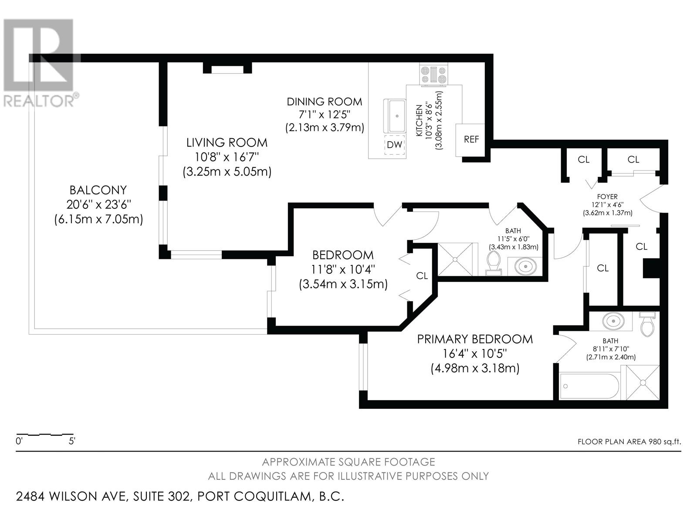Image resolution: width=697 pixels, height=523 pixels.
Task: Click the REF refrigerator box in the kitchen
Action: [471, 139]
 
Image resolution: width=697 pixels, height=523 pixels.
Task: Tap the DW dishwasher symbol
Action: [395, 145]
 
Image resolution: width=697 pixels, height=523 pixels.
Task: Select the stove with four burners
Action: [433, 74]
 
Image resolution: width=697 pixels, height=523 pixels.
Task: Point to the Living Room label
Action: [227, 143]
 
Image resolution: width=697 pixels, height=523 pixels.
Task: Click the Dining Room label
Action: [324, 102]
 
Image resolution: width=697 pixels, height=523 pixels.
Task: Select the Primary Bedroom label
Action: [475, 339]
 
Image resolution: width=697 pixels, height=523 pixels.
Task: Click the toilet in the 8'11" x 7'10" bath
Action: [647, 324]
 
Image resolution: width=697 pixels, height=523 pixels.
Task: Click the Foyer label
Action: [608, 197]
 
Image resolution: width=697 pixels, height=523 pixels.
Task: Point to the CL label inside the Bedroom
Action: [422, 275]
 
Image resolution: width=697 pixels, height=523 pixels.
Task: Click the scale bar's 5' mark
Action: [72, 441]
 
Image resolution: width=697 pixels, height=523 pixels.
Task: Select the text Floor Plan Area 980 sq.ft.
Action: [629, 441]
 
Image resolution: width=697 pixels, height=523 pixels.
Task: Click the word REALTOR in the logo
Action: [39, 101]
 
